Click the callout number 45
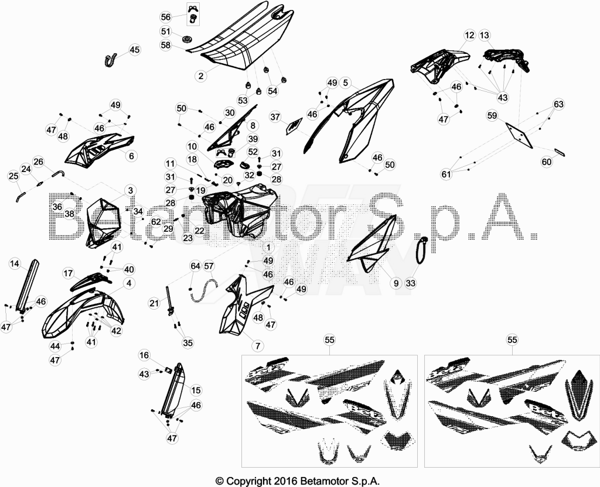click(134, 50)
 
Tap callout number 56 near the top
click(166, 17)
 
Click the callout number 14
click(15, 264)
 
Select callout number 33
click(411, 283)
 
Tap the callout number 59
click(492, 115)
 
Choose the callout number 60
click(547, 162)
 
